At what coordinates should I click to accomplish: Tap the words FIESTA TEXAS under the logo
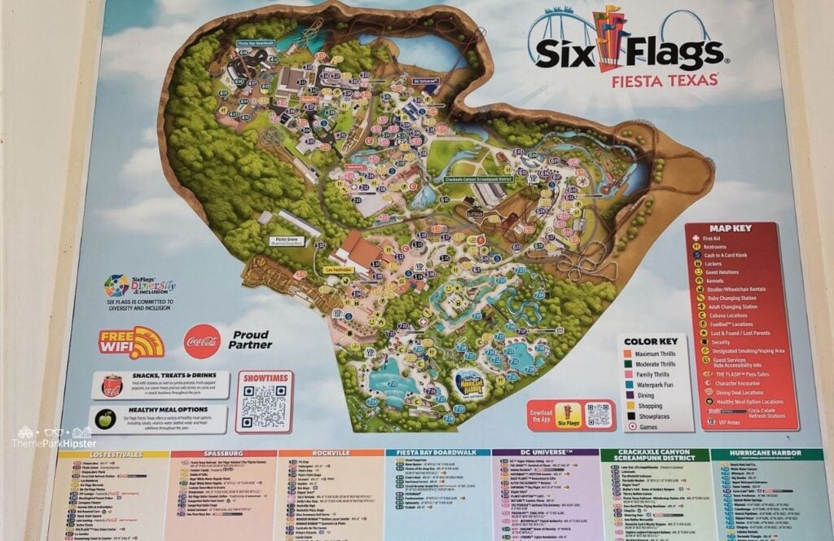click(x=666, y=80)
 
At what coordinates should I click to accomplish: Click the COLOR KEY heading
click(x=652, y=342)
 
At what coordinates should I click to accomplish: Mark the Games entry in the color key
click(x=648, y=426)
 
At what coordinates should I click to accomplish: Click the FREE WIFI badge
click(x=132, y=343)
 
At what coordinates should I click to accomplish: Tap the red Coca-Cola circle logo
click(x=202, y=341)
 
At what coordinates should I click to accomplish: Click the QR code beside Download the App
click(x=598, y=415)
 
